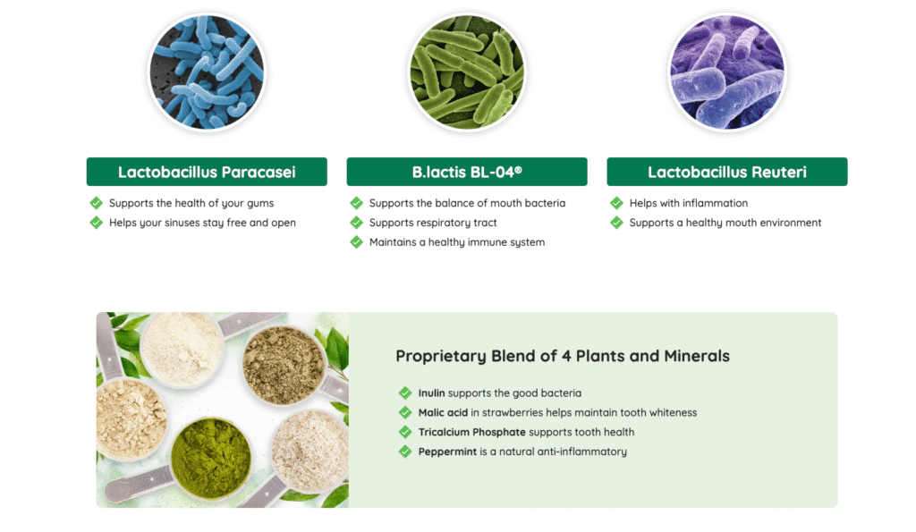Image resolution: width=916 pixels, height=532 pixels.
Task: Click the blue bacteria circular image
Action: pos(206,73)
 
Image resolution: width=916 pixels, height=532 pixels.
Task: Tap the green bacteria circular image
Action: pos(466,73)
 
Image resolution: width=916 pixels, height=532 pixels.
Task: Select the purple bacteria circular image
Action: pos(726,73)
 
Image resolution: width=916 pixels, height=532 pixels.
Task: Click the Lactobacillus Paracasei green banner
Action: pos(207,172)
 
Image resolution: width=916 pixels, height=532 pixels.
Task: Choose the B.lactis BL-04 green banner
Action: pos(467,172)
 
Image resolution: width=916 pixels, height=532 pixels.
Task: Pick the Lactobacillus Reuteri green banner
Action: pos(726,172)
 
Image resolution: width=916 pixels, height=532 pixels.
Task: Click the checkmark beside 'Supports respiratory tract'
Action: pos(357,223)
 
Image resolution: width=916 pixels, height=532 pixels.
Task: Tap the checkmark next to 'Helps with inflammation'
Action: pos(616,203)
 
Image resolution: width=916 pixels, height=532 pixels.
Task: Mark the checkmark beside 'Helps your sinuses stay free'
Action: pos(97,223)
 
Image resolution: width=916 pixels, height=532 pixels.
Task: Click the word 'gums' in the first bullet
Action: pos(259,204)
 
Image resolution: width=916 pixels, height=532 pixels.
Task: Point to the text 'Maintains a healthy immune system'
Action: pos(456,242)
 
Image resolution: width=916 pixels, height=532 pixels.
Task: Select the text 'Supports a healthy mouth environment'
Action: pos(725,223)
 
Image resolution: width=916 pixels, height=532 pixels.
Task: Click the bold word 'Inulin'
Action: pos(431,393)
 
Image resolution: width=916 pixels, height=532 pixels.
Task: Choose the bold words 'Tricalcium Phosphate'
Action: pos(471,432)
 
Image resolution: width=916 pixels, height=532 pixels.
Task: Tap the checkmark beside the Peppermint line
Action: pos(406,452)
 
